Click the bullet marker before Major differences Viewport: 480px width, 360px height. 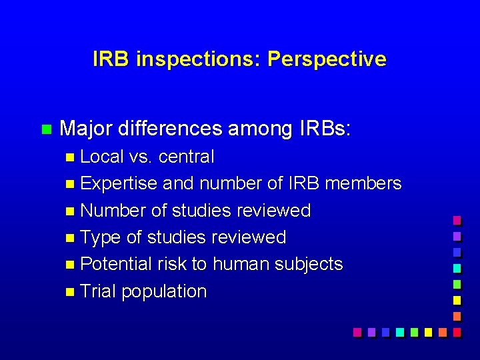pyautogui.click(x=45, y=129)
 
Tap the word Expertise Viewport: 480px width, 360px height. pyautogui.click(x=119, y=183)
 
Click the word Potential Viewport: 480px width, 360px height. pyautogui.click(x=115, y=264)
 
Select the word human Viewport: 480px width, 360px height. pyautogui.click(x=240, y=264)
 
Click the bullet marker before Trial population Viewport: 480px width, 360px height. pyautogui.click(x=71, y=292)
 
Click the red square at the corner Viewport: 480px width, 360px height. pyautogui.click(x=457, y=331)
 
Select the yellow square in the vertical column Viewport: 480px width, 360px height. pyautogui.click(x=457, y=300)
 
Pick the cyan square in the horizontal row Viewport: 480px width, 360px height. pyautogui.click(x=399, y=331)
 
